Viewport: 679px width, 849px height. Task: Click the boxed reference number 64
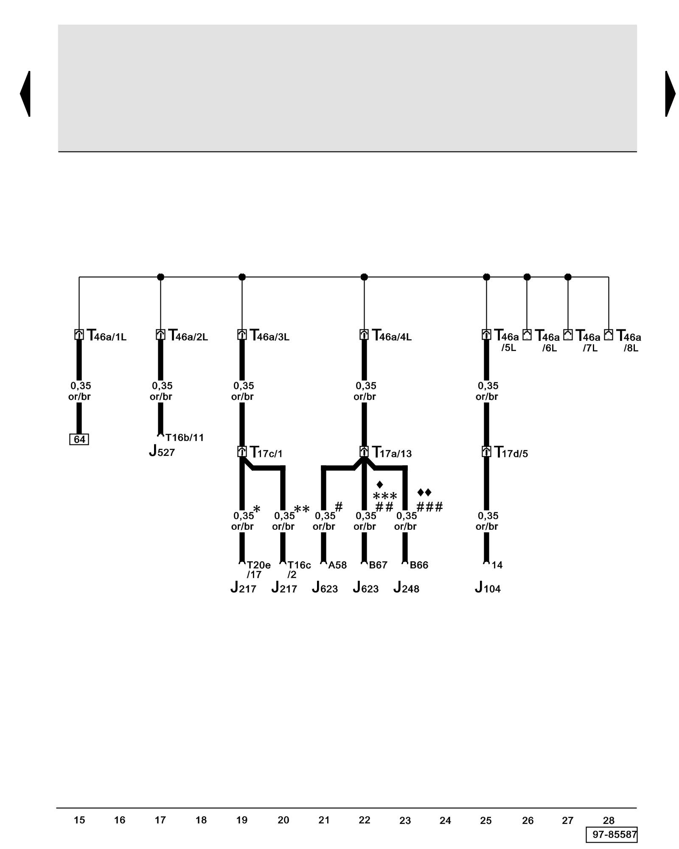[79, 439]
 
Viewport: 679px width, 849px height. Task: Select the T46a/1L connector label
[107, 336]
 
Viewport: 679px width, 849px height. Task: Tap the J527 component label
[162, 451]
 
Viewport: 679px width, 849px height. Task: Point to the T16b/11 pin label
[185, 437]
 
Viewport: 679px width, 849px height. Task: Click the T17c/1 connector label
[266, 453]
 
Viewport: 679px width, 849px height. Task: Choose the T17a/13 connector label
[391, 453]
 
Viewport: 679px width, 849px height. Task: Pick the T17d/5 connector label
[511, 453]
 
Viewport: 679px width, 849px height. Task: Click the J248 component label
[406, 588]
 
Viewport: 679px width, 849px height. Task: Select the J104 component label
[488, 588]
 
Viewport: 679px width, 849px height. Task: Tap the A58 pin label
[337, 565]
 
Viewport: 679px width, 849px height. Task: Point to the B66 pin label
[419, 565]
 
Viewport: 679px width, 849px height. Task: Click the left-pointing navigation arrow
[25, 93]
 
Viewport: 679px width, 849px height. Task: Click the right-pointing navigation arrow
[670, 93]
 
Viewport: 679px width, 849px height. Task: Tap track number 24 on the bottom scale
[445, 821]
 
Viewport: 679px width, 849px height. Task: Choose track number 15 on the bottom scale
[79, 820]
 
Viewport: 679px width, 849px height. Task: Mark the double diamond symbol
[424, 492]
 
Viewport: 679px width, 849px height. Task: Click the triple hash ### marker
[429, 506]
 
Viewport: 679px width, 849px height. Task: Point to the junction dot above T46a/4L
[364, 277]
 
